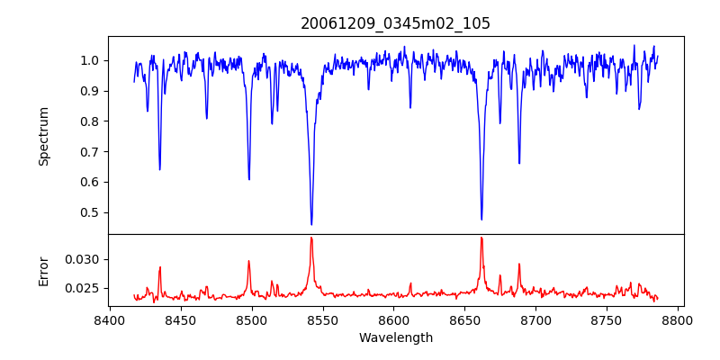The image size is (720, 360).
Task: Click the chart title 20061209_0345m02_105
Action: click(395, 23)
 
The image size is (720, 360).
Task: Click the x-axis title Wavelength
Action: click(395, 337)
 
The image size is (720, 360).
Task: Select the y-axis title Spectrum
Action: click(44, 136)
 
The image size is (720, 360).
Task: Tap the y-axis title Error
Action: click(44, 270)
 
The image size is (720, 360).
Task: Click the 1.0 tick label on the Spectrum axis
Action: click(91, 60)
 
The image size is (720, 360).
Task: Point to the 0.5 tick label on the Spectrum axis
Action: click(91, 212)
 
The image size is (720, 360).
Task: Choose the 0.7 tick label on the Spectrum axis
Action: click(91, 151)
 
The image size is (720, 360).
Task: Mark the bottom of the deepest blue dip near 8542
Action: click(311, 224)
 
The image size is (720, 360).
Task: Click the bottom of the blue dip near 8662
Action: click(481, 219)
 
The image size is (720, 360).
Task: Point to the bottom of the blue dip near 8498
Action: click(249, 179)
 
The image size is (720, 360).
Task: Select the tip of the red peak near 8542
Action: click(311, 238)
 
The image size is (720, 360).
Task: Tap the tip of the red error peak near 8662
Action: click(481, 238)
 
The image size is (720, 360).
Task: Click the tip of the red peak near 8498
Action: click(248, 261)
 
